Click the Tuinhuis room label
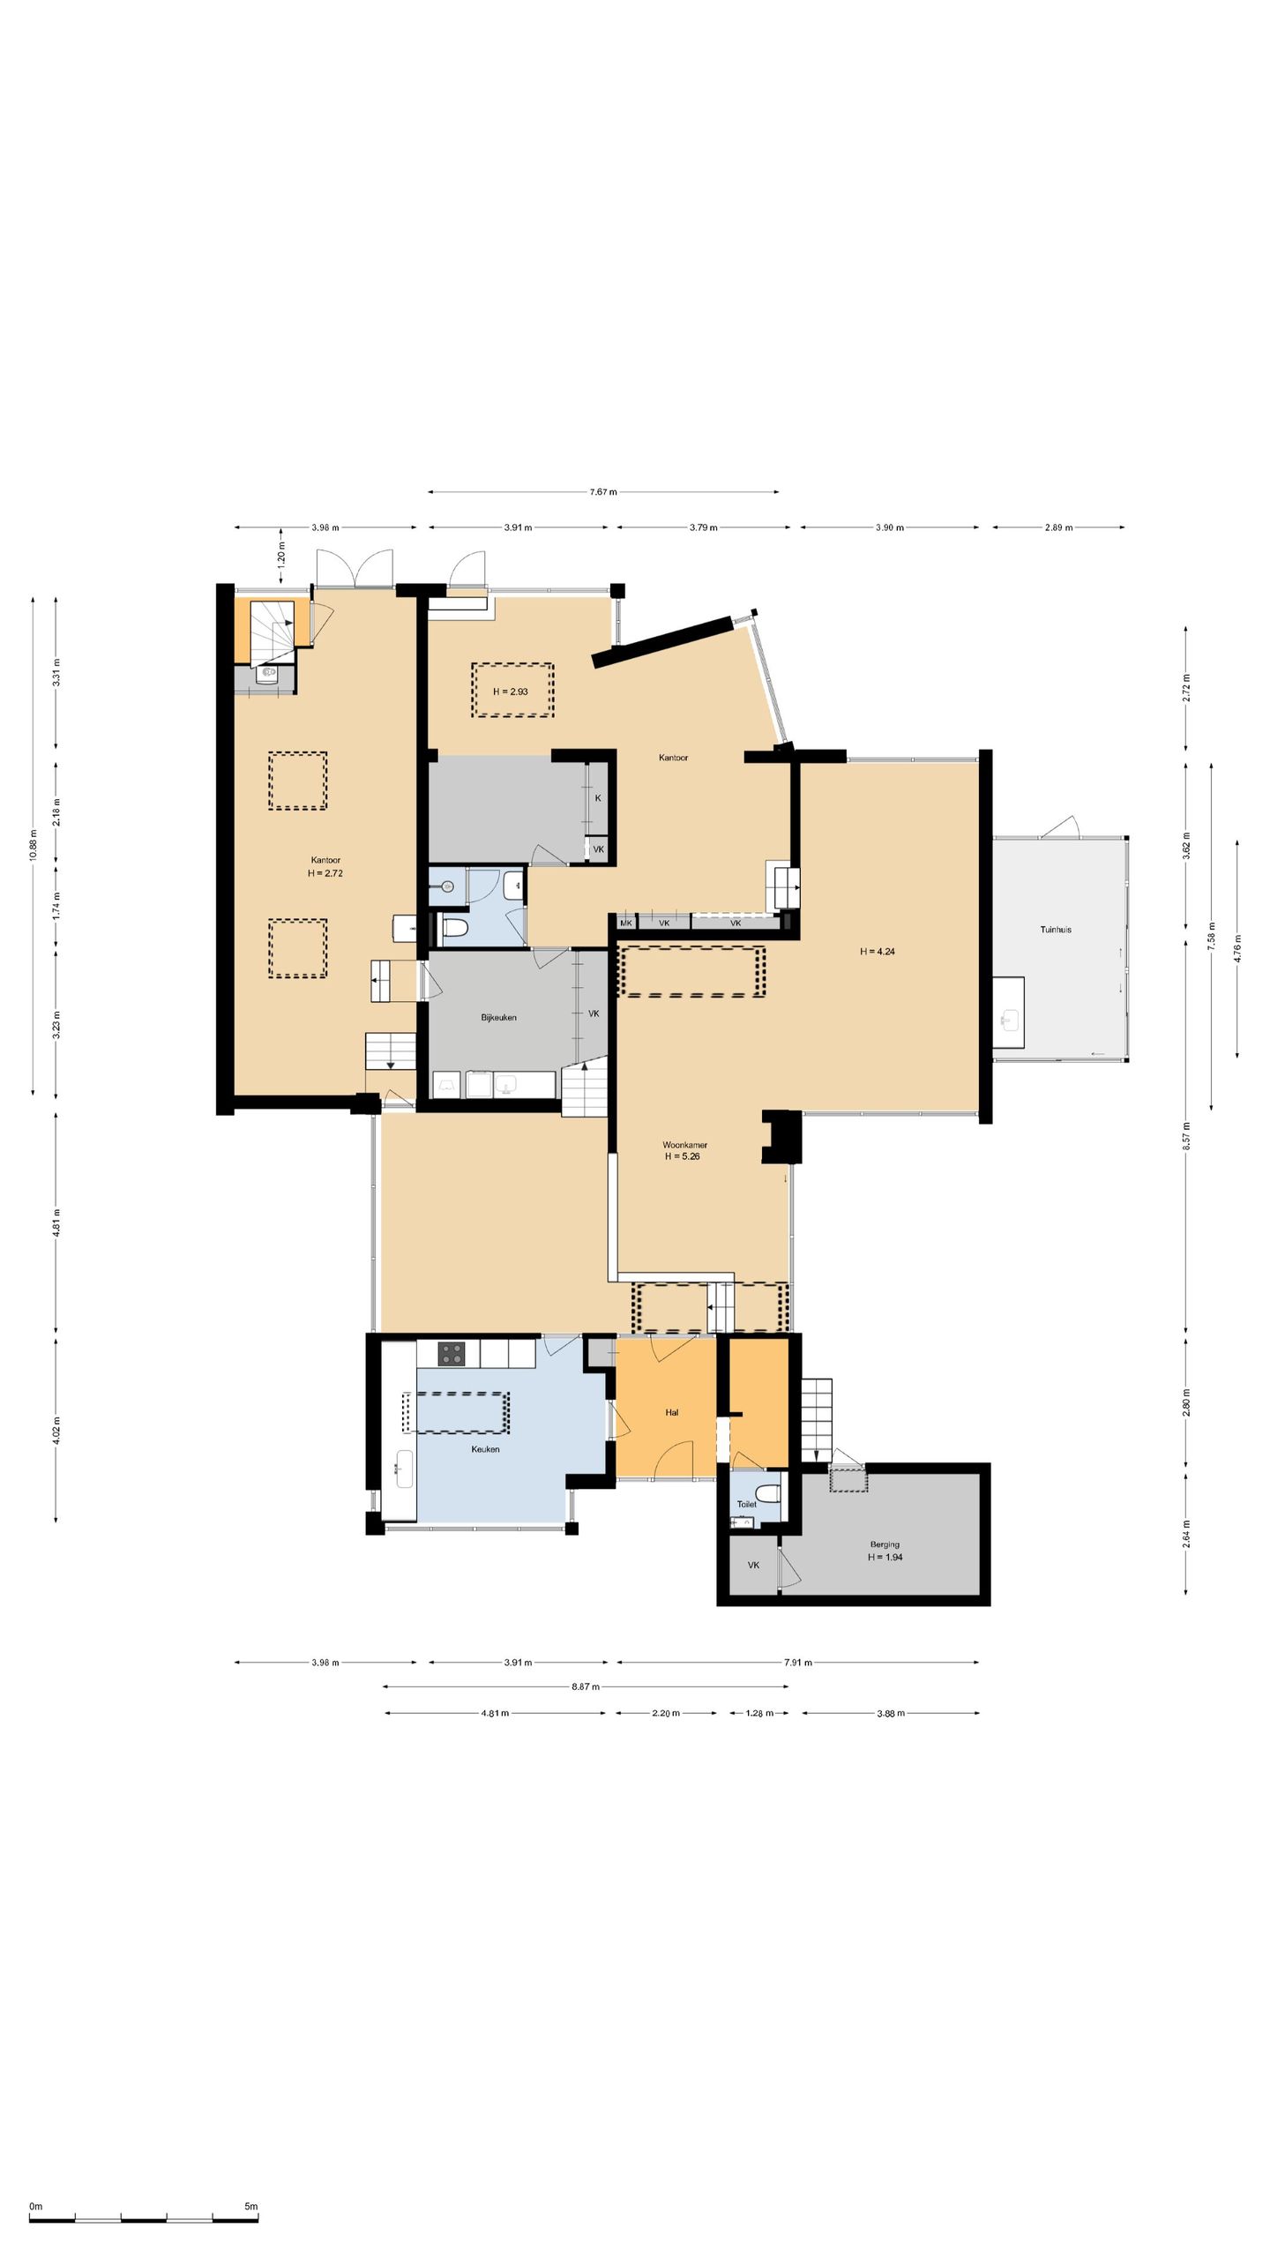click(1055, 930)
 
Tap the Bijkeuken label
click(498, 1017)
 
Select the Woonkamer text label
click(684, 1145)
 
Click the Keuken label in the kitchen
click(485, 1449)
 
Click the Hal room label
click(672, 1412)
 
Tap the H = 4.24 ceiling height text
click(878, 952)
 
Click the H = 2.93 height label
click(511, 692)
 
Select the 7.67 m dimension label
click(603, 492)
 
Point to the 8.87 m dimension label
click(585, 1686)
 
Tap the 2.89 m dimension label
click(1058, 527)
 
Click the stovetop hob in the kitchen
click(452, 1354)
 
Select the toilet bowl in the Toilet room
click(769, 1493)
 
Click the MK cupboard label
click(626, 923)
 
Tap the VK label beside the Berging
click(753, 1566)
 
